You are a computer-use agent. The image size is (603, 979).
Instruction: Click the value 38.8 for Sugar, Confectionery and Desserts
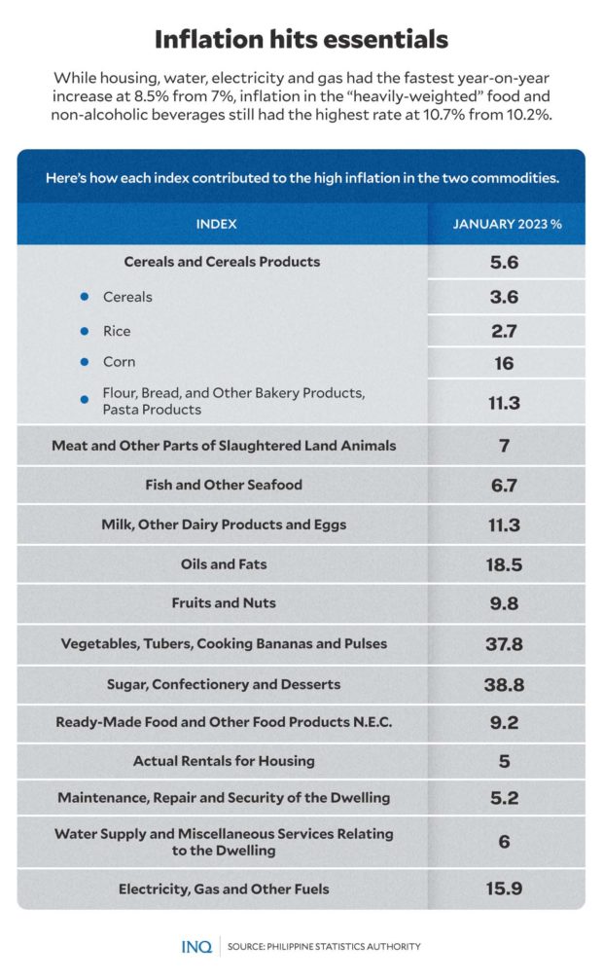504,684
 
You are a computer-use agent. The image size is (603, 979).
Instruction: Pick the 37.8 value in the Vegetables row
504,644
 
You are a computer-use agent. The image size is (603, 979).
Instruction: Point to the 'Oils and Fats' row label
224,564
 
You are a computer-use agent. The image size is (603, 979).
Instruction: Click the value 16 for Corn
504,364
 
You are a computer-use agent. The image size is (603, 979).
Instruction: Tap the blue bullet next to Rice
86,331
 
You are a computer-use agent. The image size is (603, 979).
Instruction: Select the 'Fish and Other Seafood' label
224,485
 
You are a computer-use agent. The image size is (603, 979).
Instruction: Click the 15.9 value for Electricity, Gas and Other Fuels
504,888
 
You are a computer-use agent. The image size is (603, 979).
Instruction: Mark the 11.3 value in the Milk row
504,526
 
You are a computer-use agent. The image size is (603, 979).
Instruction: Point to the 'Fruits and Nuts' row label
224,603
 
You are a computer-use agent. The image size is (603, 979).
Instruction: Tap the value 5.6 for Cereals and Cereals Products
504,262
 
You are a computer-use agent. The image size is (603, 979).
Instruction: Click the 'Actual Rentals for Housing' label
224,761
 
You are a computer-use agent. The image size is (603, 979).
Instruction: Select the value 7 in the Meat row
504,446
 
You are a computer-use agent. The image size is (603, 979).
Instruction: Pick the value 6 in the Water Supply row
504,842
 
